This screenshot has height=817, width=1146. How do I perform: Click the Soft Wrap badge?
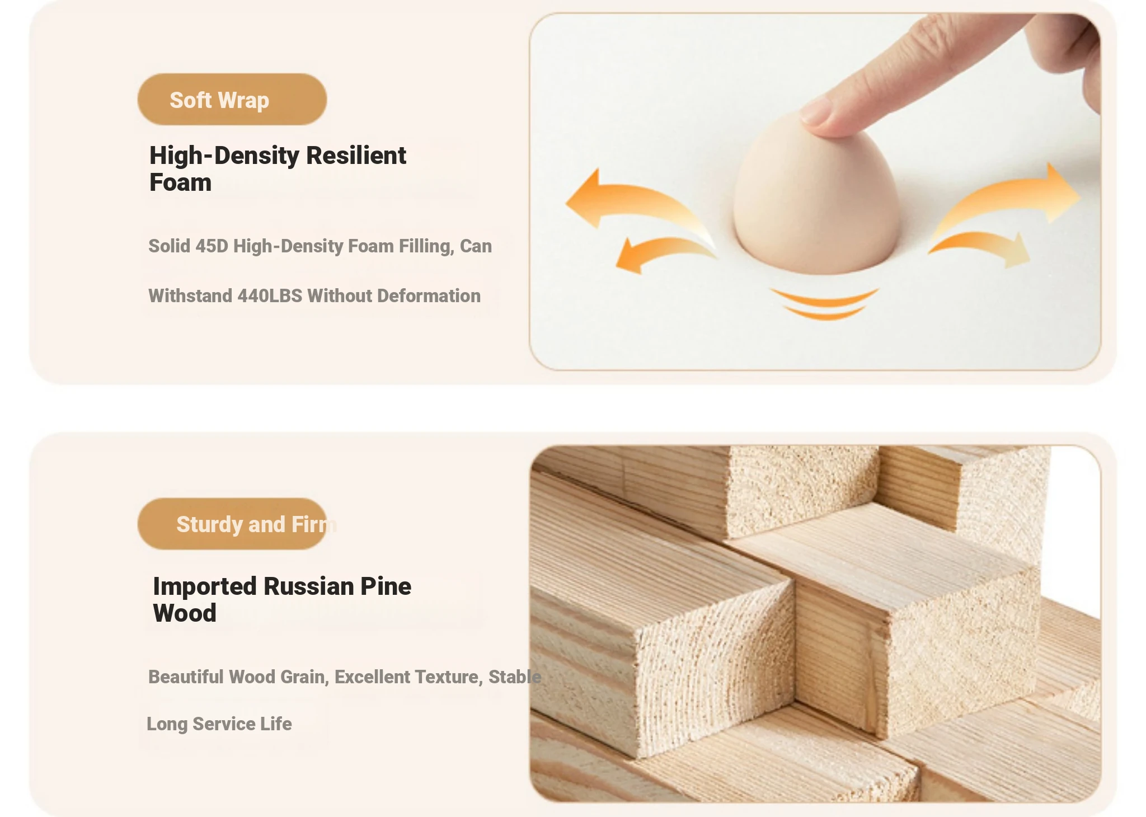coord(232,99)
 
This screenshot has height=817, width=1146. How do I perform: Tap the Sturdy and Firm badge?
coord(232,524)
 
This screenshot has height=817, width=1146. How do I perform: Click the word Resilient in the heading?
coord(356,156)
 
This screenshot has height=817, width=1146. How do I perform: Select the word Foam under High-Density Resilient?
coord(180,182)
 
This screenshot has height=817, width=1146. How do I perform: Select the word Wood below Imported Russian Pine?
coord(185,613)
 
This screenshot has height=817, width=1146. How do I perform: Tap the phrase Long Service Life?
coord(219,724)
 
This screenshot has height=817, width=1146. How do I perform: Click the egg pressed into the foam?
coord(817,196)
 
